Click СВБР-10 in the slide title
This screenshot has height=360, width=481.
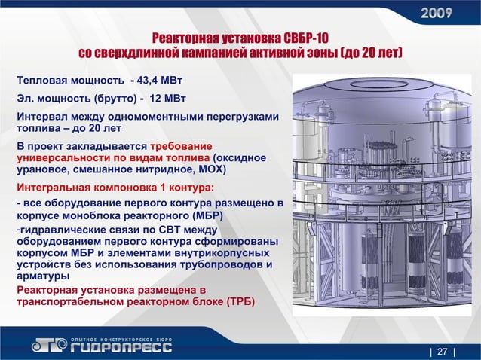pos(305,39)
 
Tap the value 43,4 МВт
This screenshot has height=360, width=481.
pos(161,80)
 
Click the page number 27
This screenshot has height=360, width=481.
pos(442,350)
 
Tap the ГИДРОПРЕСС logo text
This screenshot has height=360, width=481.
pos(120,347)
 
